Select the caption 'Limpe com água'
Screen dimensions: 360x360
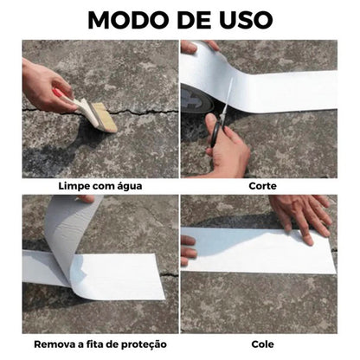(x=100, y=184)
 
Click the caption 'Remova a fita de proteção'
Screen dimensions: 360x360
(x=100, y=344)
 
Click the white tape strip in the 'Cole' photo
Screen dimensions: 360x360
(x=260, y=251)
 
